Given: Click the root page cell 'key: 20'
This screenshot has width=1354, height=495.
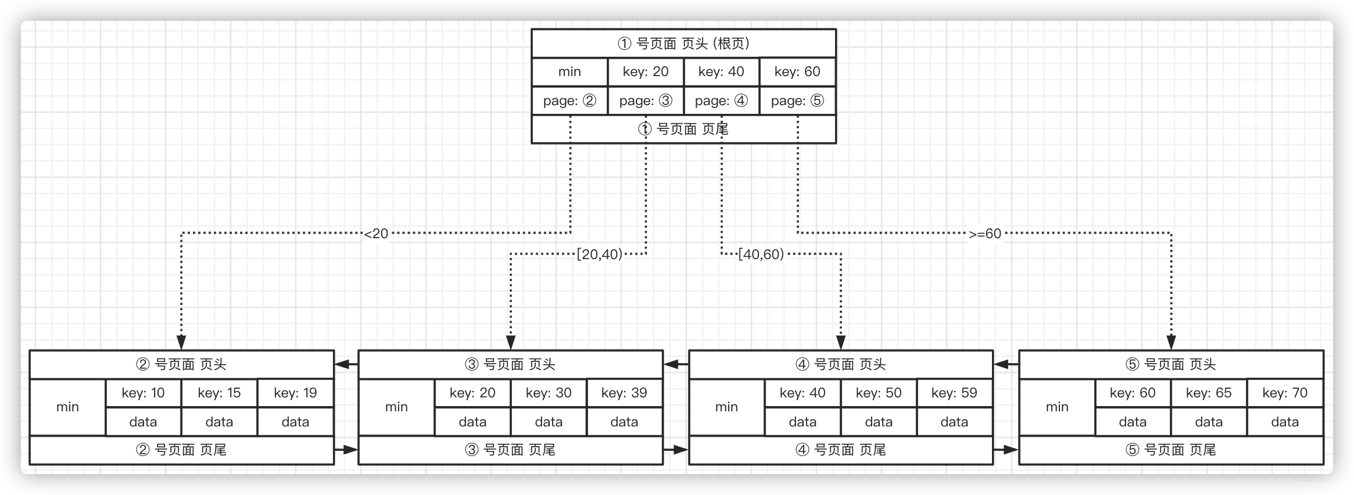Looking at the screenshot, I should click(x=646, y=72).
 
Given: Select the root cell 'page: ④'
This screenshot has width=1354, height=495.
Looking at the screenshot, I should click(x=721, y=101).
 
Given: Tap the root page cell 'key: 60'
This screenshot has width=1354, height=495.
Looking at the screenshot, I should click(x=797, y=72).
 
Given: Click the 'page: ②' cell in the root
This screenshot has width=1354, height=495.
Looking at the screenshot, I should click(x=569, y=101).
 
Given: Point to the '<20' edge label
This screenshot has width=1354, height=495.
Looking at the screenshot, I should click(x=376, y=234).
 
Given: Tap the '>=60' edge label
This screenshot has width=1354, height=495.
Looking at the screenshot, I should click(x=985, y=234).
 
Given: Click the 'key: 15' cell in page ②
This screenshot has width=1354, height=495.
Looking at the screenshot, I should click(x=219, y=393).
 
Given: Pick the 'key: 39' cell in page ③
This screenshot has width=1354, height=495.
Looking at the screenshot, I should click(x=624, y=393).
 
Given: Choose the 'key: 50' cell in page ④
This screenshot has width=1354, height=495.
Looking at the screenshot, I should click(x=879, y=393).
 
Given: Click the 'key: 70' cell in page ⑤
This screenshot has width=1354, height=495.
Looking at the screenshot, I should click(x=1285, y=393).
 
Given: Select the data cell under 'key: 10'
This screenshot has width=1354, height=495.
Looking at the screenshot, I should click(x=143, y=422).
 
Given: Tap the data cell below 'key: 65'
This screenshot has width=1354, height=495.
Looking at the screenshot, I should click(x=1209, y=422).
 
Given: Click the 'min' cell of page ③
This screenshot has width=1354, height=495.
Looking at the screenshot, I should click(x=396, y=407).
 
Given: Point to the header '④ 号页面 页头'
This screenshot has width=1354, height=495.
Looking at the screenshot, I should click(x=840, y=365).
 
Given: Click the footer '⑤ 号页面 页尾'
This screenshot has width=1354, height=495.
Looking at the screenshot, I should click(x=1171, y=450).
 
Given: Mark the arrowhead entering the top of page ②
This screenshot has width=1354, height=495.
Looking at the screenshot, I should click(x=181, y=343).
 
